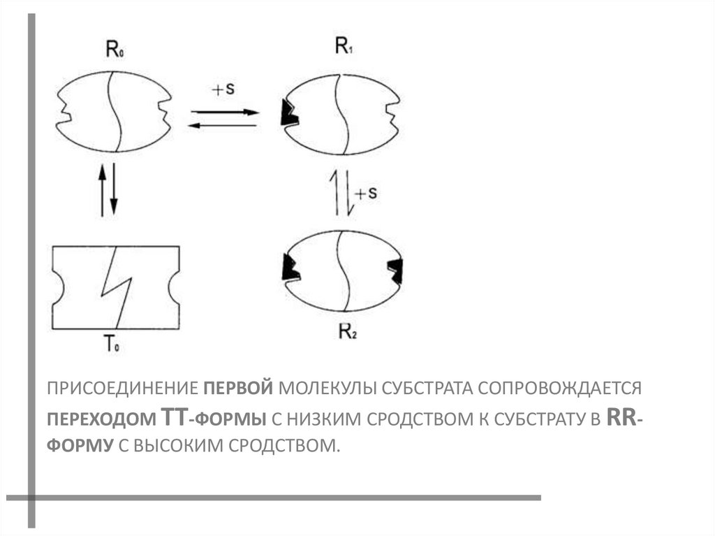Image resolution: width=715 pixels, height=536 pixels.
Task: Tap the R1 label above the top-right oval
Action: (344, 48)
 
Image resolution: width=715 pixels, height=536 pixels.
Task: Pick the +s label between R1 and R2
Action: (365, 194)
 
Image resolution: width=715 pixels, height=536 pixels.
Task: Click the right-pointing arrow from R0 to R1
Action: (225, 111)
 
